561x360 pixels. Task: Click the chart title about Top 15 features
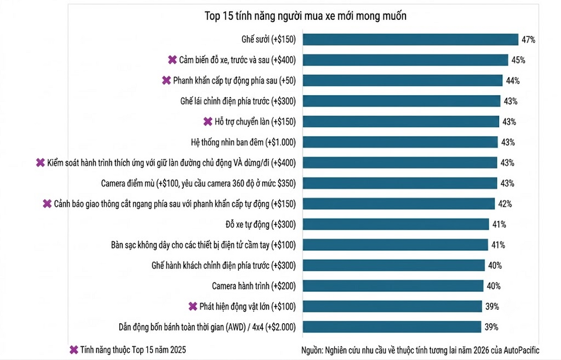point(305,16)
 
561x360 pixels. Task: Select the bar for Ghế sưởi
point(410,39)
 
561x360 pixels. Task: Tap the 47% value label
point(528,40)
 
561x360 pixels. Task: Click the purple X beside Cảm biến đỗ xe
point(172,60)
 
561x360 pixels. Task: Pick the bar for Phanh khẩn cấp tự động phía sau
point(403,81)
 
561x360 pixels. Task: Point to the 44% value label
point(512,81)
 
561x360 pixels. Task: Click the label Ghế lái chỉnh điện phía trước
point(238,101)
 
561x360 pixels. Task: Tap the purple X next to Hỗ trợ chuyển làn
point(208,122)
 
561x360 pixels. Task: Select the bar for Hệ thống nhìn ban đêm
point(400,142)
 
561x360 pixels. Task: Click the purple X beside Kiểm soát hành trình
point(40,163)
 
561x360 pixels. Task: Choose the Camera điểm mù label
point(198,184)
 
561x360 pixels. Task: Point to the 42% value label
point(505,204)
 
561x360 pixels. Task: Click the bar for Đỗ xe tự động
point(396,224)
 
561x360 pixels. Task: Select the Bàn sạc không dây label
point(203,245)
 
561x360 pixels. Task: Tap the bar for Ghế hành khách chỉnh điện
point(393,265)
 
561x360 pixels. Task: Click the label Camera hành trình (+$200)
point(254,286)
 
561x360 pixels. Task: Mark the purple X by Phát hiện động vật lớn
point(193,306)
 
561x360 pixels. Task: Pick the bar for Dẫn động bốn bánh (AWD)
point(392,327)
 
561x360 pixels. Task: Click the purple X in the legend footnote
point(74,350)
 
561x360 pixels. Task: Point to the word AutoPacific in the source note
point(521,350)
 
